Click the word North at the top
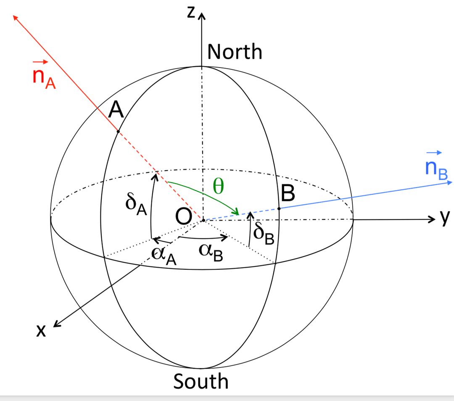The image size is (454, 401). point(235,52)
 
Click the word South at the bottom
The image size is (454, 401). point(201,381)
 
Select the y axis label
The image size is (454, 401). point(445,217)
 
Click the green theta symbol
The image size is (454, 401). point(218,186)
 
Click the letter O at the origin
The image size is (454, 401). point(184,217)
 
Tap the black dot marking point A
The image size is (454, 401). point(118,132)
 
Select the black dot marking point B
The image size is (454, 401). point(279,208)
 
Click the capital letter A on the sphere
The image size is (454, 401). point(116,111)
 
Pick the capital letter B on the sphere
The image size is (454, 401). point(288,194)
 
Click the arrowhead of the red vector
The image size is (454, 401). point(16,18)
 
